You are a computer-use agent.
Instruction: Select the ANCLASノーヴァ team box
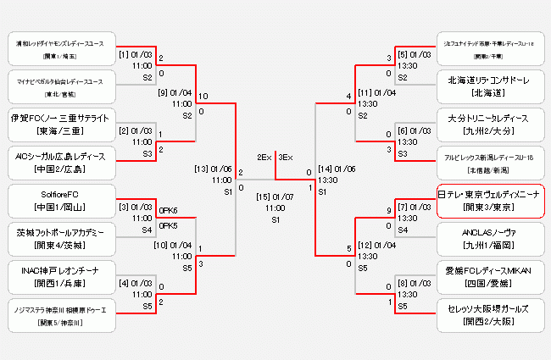[x=490, y=237]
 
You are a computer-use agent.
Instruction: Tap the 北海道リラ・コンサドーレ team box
[x=490, y=86]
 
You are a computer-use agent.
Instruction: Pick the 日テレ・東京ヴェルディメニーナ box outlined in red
[x=490, y=200]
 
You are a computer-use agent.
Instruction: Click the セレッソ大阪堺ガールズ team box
[x=490, y=315]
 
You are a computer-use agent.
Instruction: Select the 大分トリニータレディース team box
[x=490, y=124]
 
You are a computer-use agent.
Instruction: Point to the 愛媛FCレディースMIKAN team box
[x=490, y=276]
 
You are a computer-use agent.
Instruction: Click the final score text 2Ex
[x=264, y=157]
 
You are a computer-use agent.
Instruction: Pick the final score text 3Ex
[x=286, y=157]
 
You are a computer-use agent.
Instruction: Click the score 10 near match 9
[x=203, y=97]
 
